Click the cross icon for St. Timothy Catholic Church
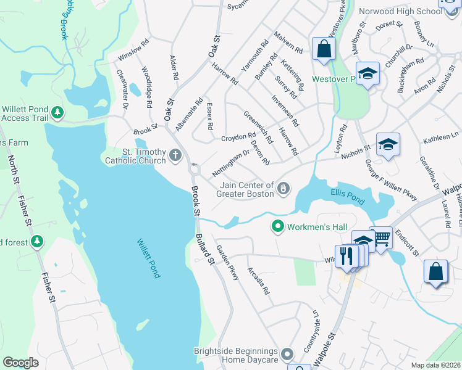(x=175, y=155)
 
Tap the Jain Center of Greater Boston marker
(x=283, y=188)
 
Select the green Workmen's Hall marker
(x=278, y=227)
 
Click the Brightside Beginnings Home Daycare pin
(x=287, y=354)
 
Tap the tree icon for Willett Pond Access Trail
(x=57, y=112)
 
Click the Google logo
(x=21, y=363)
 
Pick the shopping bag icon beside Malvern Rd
(x=324, y=48)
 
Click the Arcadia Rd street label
(x=258, y=280)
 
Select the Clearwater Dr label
(x=122, y=88)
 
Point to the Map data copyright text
(x=435, y=365)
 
